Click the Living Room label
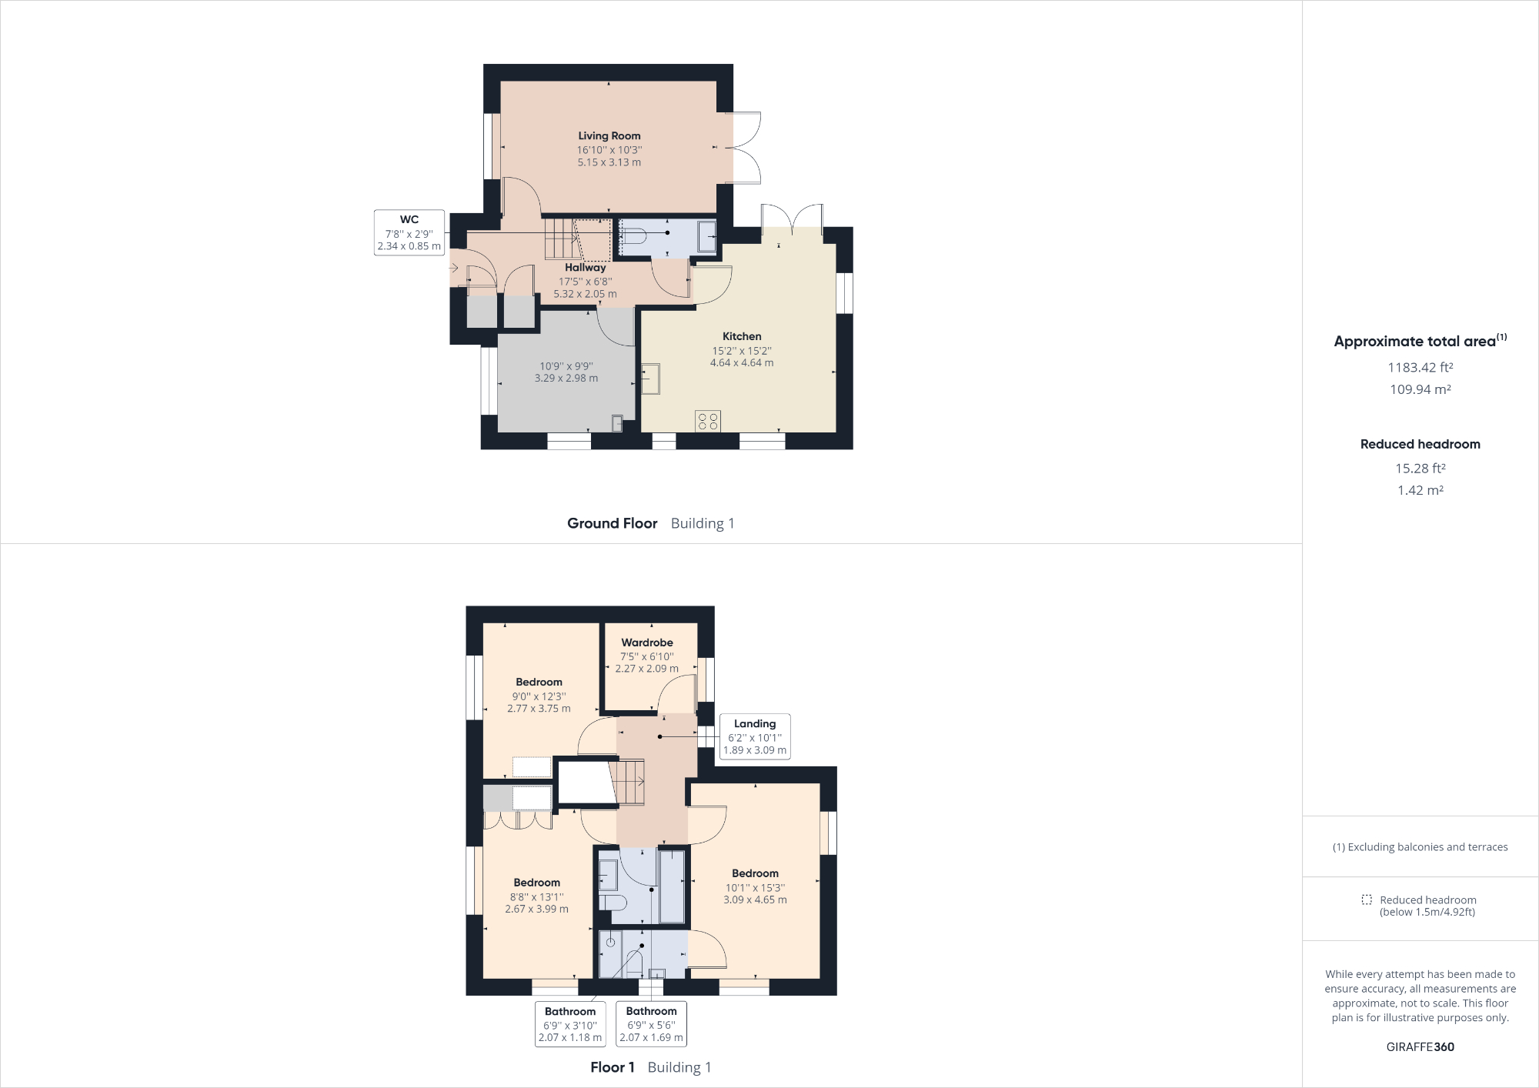[x=609, y=136]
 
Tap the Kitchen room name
[x=742, y=336]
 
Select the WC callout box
[x=409, y=232]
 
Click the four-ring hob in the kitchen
[x=708, y=421]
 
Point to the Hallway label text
[x=585, y=268]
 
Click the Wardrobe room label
[x=647, y=642]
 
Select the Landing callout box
[x=754, y=736]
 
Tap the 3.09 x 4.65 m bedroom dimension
[x=755, y=899]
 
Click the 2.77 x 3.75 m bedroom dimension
[x=539, y=709]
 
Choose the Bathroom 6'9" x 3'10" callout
[x=570, y=1024]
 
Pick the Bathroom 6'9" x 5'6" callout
[x=651, y=1024]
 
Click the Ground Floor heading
[x=612, y=523]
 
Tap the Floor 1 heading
[x=612, y=1067]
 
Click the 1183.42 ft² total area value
[x=1420, y=368]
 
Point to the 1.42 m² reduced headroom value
[x=1420, y=490]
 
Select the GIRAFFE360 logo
[x=1420, y=1046]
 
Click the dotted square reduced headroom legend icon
[x=1367, y=899]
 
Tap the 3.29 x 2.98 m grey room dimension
[x=566, y=379]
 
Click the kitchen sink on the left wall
[x=651, y=379]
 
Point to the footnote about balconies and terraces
[x=1420, y=847]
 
